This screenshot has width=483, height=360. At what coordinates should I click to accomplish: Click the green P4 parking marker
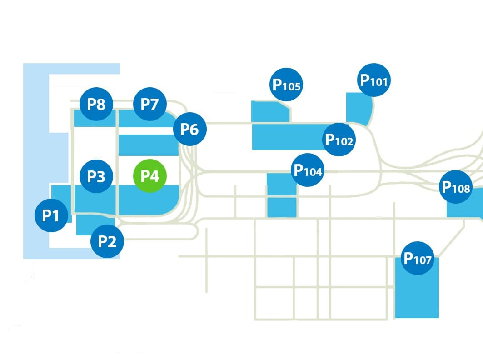[x=149, y=176]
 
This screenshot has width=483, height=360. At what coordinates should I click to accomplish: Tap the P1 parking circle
[x=51, y=215]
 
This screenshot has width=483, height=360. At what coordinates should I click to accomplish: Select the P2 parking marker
[x=107, y=241]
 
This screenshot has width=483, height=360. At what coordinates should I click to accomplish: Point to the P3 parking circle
[x=96, y=176]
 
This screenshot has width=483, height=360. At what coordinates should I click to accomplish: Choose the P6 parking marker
[x=190, y=129]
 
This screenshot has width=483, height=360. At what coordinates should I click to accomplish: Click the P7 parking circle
[x=149, y=104]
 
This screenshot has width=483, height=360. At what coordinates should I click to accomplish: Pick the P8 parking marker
[x=96, y=104]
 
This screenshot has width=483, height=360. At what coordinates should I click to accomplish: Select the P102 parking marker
[x=339, y=140]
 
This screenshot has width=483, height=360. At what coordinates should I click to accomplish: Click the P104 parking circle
[x=308, y=170]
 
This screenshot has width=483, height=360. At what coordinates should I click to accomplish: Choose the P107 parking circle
[x=418, y=259]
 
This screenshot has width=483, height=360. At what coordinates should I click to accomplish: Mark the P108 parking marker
[x=456, y=186]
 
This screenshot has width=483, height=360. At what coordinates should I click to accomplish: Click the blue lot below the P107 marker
[x=417, y=295]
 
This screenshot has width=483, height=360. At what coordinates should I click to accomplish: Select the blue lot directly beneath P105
[x=269, y=112]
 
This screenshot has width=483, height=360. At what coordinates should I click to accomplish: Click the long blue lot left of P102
[x=286, y=136]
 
